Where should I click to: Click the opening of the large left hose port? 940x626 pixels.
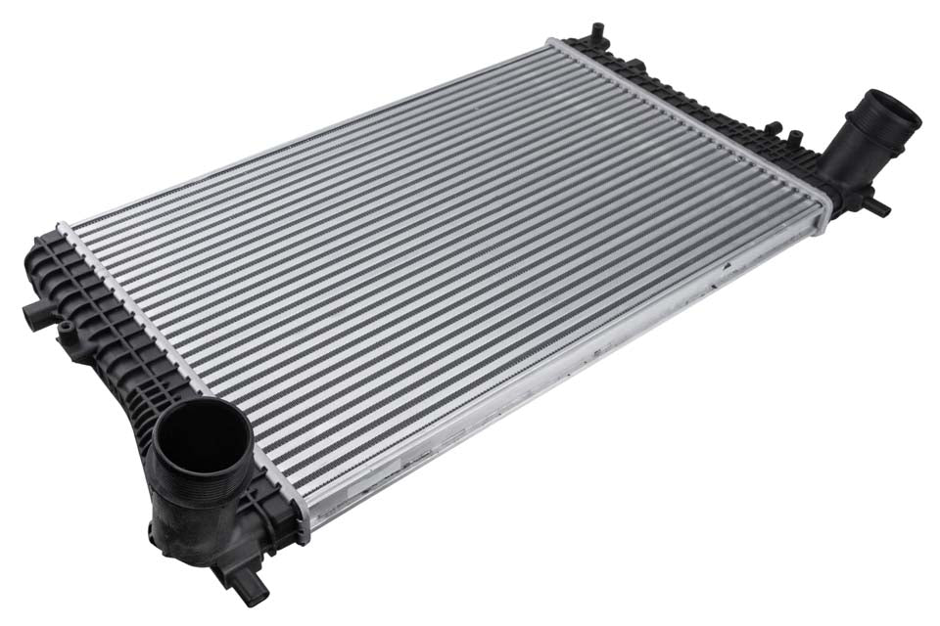pos(202,436)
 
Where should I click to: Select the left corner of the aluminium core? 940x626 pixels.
pos(63,229)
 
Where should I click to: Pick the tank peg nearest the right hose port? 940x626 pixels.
pos(794,135)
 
